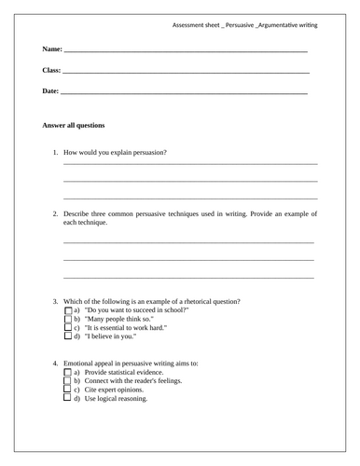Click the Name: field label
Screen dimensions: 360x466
pos(52,48)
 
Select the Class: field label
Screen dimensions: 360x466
pos(52,70)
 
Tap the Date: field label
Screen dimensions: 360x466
pos(50,91)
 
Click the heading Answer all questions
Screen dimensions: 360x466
pos(74,125)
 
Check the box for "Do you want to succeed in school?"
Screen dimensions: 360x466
pos(66,310)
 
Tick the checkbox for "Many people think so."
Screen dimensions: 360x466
pos(66,320)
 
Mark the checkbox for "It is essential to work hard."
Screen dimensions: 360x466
pos(66,328)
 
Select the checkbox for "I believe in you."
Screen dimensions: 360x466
pos(66,337)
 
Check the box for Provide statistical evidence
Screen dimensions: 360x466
pos(66,372)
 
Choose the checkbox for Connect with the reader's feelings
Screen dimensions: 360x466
pos(66,381)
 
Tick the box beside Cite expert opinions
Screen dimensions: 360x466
pos(66,390)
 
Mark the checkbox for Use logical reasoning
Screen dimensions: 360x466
pos(66,399)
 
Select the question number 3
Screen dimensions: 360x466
pos(55,301)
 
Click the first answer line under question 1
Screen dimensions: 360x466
pos(190,164)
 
